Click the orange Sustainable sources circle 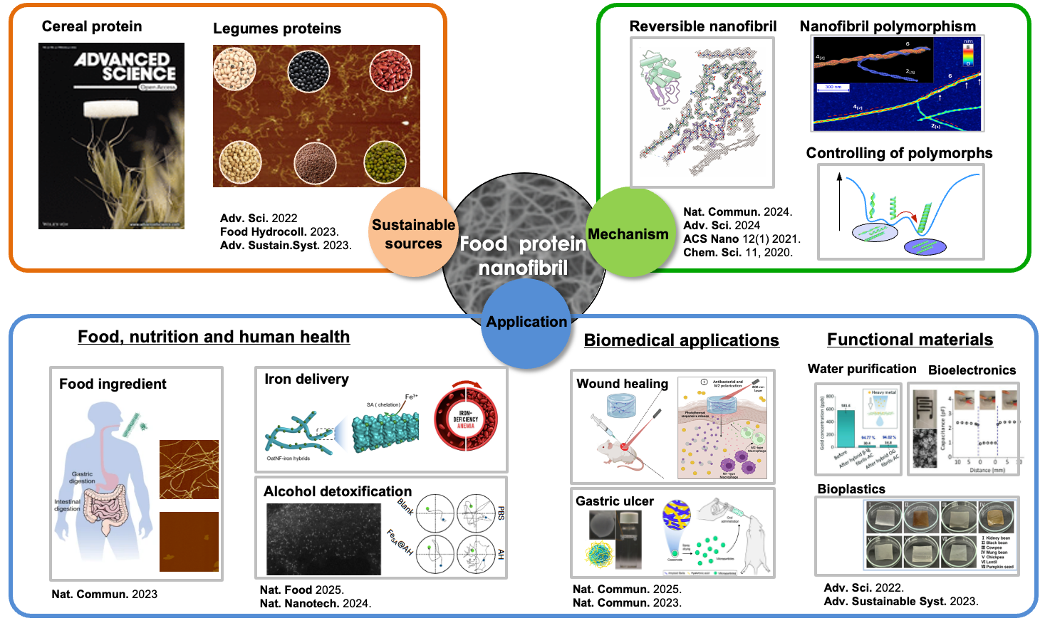tap(413, 233)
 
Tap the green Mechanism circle tap(628, 233)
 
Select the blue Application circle tap(526, 323)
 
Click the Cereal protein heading tap(92, 26)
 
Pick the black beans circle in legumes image tap(308, 71)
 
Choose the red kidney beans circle tap(390, 71)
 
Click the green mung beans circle tap(385, 162)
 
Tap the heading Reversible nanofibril tap(703, 26)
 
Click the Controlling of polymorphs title tap(899, 153)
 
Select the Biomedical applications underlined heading tap(681, 340)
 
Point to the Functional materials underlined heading tap(910, 340)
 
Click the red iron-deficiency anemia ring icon tap(466, 417)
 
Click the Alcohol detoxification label tap(338, 491)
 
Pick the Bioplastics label tap(851, 489)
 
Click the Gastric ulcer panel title tap(615, 501)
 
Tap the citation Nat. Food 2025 tap(301, 590)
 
